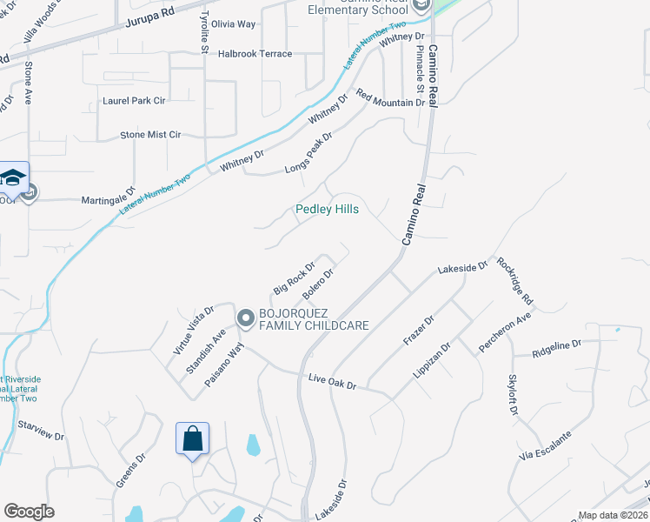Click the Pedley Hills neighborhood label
coord(327,210)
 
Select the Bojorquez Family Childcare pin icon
coord(245,319)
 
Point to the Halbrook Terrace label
coord(255,54)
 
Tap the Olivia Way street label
coord(234,24)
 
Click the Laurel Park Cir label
coord(134,101)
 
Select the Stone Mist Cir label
coord(150,135)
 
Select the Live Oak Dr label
coord(333,380)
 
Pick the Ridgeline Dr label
coord(558,345)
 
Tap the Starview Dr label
coord(42,429)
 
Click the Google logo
coord(29,512)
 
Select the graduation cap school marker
coord(14,177)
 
